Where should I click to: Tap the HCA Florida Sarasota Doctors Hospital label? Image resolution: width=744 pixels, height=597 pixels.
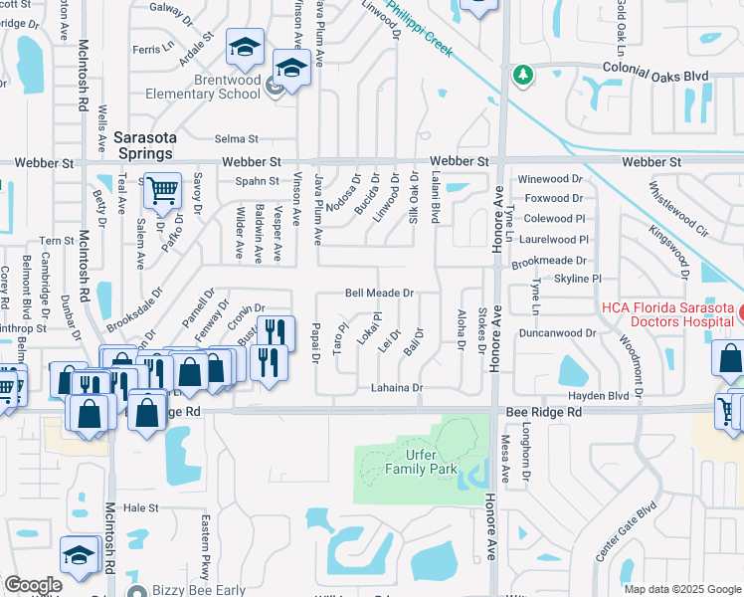tap(667, 307)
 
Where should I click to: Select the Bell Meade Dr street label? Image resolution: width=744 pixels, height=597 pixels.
tap(379, 294)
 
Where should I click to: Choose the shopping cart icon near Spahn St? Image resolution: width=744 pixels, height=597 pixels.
tap(162, 189)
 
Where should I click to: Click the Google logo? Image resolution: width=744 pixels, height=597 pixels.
tap(33, 585)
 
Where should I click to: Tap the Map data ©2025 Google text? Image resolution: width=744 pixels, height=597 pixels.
tap(682, 589)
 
